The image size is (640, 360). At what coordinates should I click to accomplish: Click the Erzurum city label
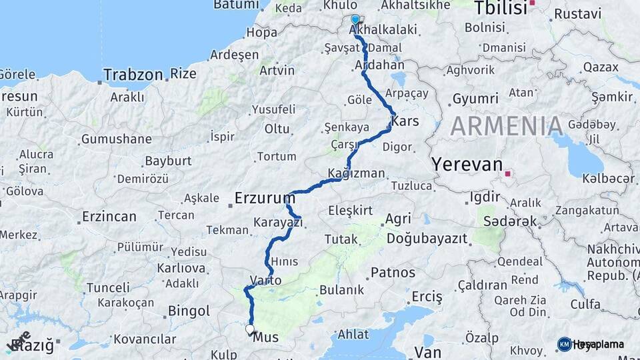(x=265, y=198)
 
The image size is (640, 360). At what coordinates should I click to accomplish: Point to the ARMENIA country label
(x=507, y=126)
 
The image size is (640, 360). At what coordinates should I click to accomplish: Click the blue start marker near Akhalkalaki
(x=355, y=21)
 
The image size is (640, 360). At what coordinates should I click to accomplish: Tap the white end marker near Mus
(x=250, y=329)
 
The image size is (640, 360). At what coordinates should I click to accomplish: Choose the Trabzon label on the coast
(x=133, y=75)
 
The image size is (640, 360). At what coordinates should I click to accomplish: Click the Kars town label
(x=405, y=121)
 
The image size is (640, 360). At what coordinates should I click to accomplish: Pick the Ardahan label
(x=380, y=65)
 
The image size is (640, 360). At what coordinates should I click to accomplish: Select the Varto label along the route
(x=265, y=280)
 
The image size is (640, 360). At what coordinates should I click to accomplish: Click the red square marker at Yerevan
(x=508, y=174)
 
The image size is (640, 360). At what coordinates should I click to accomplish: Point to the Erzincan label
(x=109, y=217)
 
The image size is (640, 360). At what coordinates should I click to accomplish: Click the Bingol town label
(x=189, y=311)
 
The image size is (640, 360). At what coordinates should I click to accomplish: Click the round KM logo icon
(x=565, y=344)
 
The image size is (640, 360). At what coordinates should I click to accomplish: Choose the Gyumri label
(x=475, y=99)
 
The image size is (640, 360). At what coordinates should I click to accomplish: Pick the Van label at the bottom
(x=427, y=351)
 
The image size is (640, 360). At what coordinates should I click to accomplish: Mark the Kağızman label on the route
(x=357, y=173)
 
